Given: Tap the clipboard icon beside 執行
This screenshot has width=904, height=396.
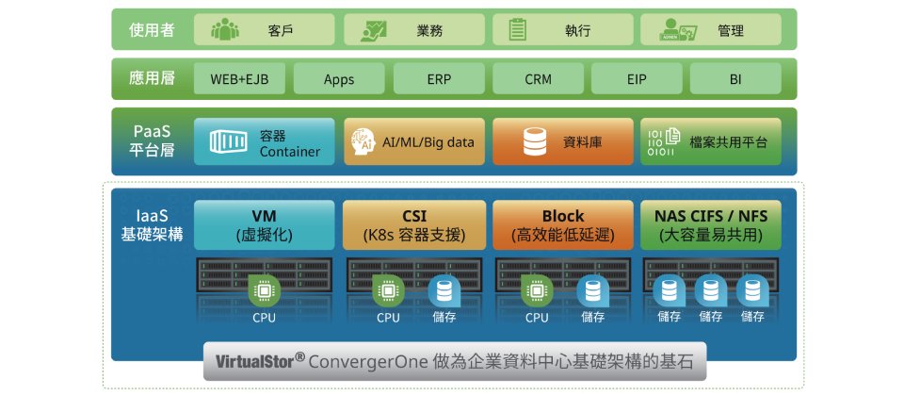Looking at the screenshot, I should [517, 29].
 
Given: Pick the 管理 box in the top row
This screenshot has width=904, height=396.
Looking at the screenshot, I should [711, 29].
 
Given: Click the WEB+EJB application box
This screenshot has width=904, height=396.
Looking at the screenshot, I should [239, 79].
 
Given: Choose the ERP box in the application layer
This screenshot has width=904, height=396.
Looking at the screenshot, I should [440, 79].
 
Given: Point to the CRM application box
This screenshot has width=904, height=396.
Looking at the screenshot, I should [539, 79].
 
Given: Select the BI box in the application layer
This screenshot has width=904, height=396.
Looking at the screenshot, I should [735, 79].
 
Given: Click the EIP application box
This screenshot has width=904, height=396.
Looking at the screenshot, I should [637, 79].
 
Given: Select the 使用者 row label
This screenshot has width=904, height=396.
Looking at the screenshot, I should [151, 29].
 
